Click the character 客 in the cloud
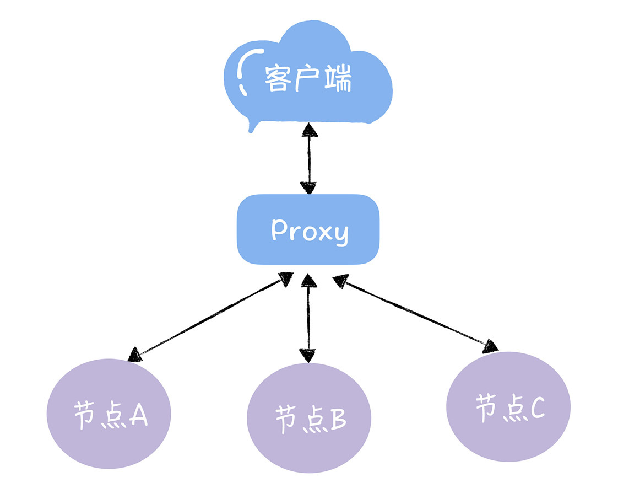pos(277,80)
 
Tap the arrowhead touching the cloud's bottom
pos(310,130)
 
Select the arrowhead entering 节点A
pos(135,354)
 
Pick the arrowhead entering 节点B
pos(308,356)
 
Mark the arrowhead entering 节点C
pos(490,346)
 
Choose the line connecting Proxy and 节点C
pos(413,313)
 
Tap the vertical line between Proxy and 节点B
pos(308,317)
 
